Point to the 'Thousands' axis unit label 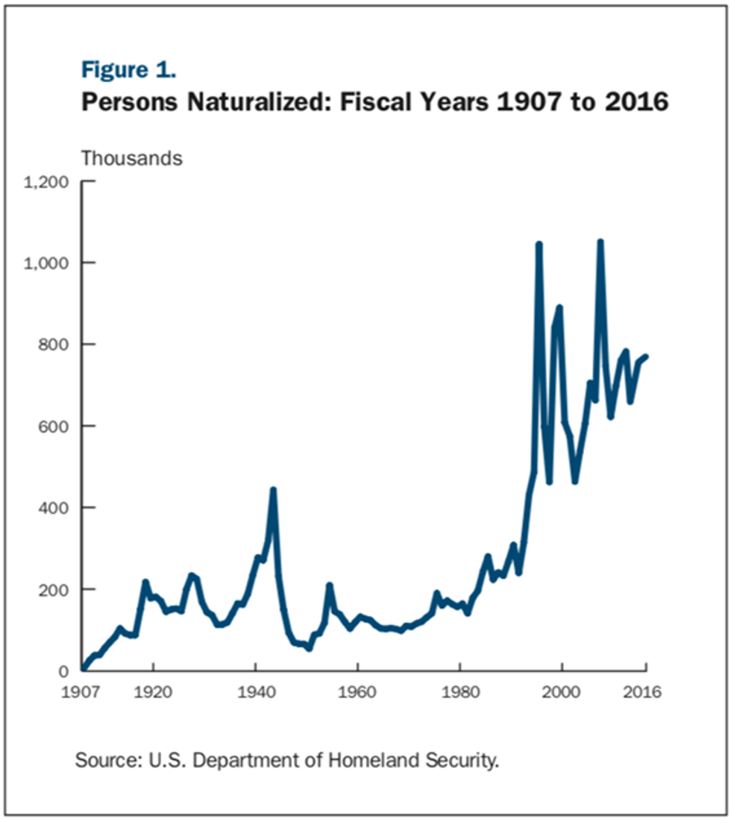coord(131,158)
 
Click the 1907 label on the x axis coord(81,691)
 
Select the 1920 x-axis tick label coord(153,691)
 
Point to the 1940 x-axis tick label coord(255,691)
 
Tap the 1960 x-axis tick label coord(357,691)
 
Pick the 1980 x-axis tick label coord(459,691)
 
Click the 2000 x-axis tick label coord(562,691)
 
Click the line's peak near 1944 coord(273,490)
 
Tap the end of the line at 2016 coord(646,357)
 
